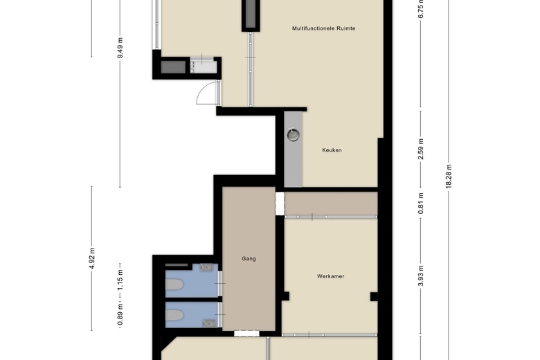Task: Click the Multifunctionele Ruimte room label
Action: tap(323, 28)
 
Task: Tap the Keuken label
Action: tap(332, 150)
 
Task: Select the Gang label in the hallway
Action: tap(249, 259)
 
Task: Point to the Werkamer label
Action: tap(331, 276)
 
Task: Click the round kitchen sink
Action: tap(293, 135)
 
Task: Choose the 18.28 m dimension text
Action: tap(449, 176)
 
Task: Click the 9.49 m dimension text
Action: tap(120, 48)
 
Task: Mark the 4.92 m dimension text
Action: tap(91, 258)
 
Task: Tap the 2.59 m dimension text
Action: tap(420, 149)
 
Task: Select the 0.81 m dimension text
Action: tap(420, 204)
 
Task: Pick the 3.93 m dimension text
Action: tap(420, 276)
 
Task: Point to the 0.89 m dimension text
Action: tap(120, 314)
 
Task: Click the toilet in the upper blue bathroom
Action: tap(174, 285)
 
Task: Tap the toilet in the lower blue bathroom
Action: tap(174, 315)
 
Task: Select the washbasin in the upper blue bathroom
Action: tap(206, 267)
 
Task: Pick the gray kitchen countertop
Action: tap(293, 149)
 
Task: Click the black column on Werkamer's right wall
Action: tap(374, 296)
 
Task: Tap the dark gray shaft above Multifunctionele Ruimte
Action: tap(251, 14)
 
